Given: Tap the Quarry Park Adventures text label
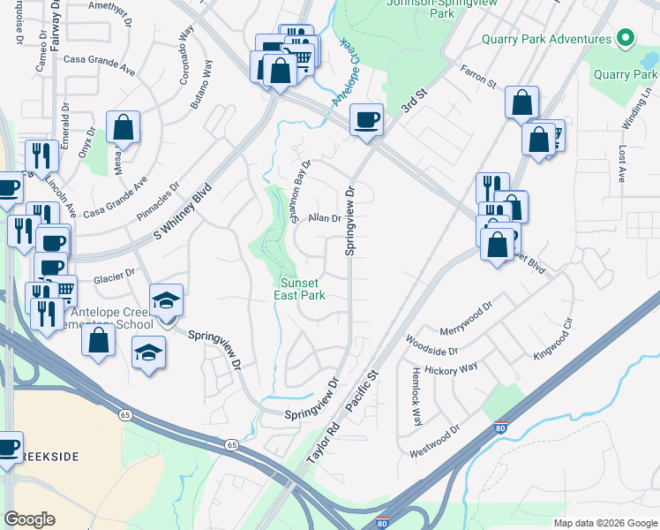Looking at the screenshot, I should (546, 40).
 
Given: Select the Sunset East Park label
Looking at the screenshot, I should (303, 289).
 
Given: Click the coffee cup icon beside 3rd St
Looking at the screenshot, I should (366, 120).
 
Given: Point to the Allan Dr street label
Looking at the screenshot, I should (324, 217).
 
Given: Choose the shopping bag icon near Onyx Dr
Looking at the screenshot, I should (123, 128).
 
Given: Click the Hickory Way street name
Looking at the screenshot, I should (451, 367).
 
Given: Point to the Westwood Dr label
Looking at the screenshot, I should (436, 443).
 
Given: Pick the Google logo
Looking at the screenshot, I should (29, 519).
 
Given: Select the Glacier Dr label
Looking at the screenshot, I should (113, 276).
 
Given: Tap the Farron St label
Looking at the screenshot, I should (477, 77).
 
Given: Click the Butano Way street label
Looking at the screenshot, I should (202, 84).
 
